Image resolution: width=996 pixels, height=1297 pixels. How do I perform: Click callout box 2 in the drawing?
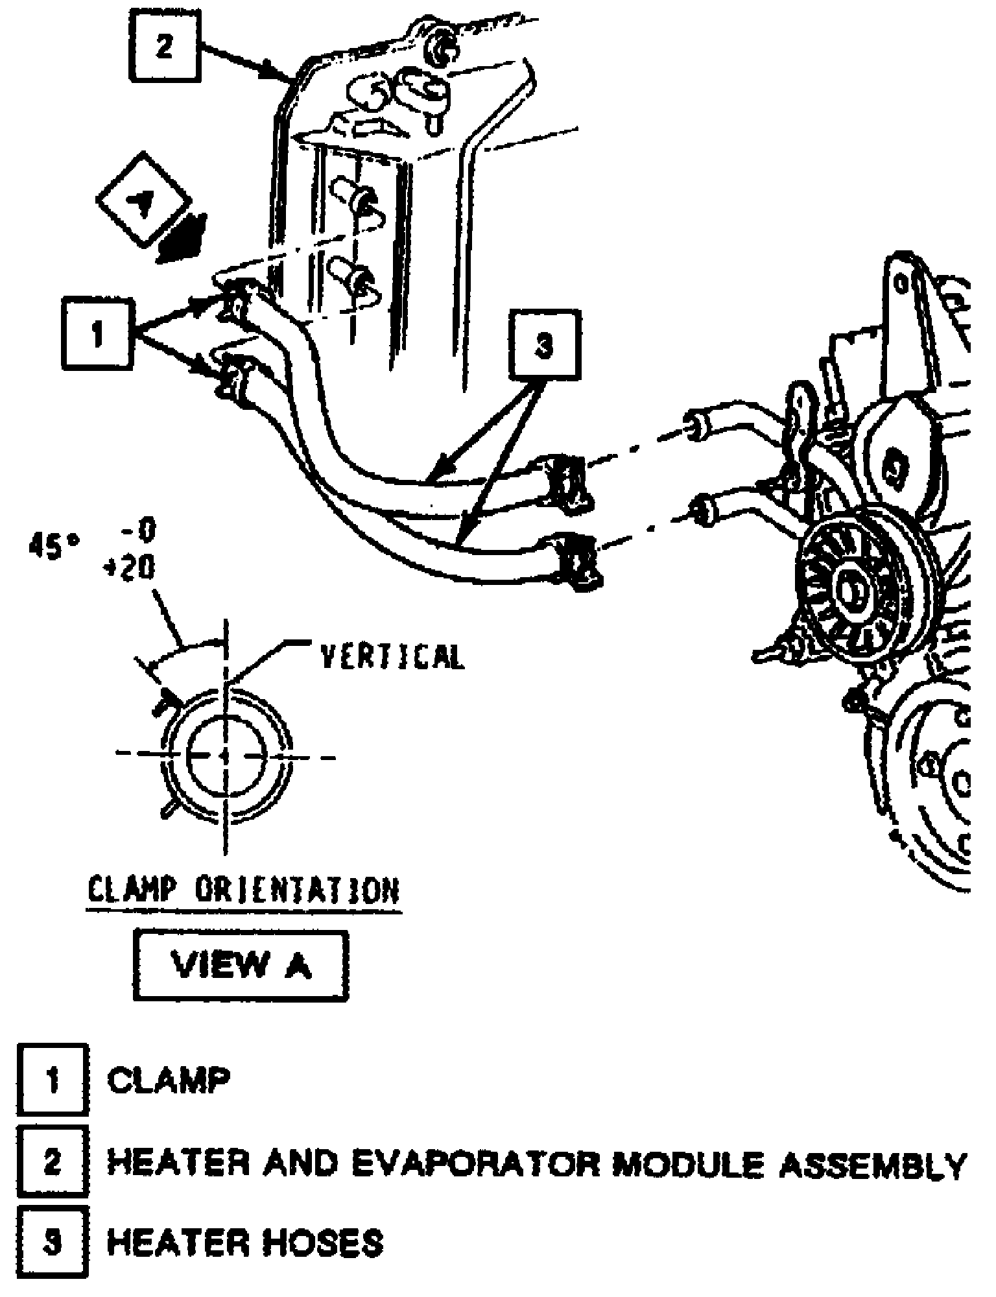[x=165, y=47]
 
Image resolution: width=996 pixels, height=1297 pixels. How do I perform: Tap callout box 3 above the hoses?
[x=545, y=344]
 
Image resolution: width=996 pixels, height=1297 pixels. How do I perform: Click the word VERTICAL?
[x=393, y=656]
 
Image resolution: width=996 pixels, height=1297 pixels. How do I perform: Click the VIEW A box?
[x=241, y=966]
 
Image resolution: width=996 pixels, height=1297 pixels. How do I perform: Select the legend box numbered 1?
[x=53, y=1080]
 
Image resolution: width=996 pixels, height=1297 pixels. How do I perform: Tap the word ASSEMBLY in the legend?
[x=872, y=1163]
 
